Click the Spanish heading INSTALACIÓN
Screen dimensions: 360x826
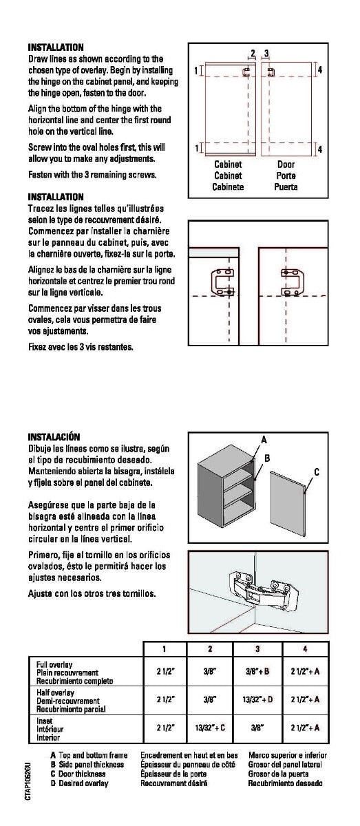tap(54, 437)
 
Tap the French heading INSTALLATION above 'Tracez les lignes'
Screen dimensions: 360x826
tap(56, 197)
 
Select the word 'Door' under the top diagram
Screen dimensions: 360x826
tap(286, 165)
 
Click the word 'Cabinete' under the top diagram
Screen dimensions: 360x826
tap(228, 187)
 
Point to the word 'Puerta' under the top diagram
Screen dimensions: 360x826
tap(286, 187)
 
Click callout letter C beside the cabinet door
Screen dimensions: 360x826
tap(317, 472)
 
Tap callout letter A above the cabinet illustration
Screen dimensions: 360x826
tap(264, 440)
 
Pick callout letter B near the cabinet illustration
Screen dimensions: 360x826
tap(267, 458)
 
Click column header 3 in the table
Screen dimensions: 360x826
tap(257, 649)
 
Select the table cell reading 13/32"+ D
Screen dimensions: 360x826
tap(257, 699)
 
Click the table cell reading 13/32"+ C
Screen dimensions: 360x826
tap(210, 728)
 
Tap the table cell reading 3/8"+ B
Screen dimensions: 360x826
tap(257, 671)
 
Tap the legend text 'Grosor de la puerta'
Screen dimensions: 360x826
tap(279, 774)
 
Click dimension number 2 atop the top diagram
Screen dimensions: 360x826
tap(253, 54)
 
